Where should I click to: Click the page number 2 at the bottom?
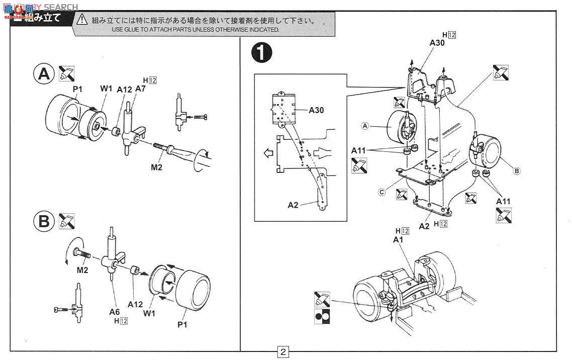283,351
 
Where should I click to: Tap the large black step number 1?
262,53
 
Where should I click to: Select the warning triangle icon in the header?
82,21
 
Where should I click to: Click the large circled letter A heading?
44,74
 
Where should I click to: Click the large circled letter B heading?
44,221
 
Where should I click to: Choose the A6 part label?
115,311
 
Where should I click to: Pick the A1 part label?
399,240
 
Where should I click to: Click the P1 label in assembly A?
77,89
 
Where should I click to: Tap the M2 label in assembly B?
83,271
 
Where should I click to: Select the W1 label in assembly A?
106,89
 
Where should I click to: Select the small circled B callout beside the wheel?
516,171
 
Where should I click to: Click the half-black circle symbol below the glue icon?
322,316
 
